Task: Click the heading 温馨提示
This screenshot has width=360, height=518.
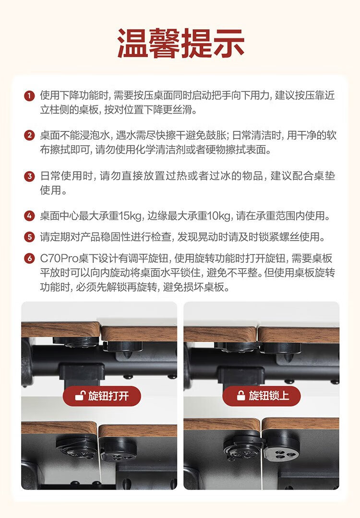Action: (180, 43)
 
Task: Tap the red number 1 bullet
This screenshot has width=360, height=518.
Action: (29, 96)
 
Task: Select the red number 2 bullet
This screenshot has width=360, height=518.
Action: (29, 135)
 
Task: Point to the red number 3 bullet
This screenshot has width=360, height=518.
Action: (29, 176)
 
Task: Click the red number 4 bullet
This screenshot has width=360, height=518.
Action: (29, 216)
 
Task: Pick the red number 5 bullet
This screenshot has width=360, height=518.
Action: (29, 237)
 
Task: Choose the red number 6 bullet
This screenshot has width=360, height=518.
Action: (29, 259)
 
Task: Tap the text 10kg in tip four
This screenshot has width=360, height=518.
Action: (219, 216)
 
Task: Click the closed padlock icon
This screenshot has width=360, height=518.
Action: (241, 395)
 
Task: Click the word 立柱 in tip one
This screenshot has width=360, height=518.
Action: (50, 109)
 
